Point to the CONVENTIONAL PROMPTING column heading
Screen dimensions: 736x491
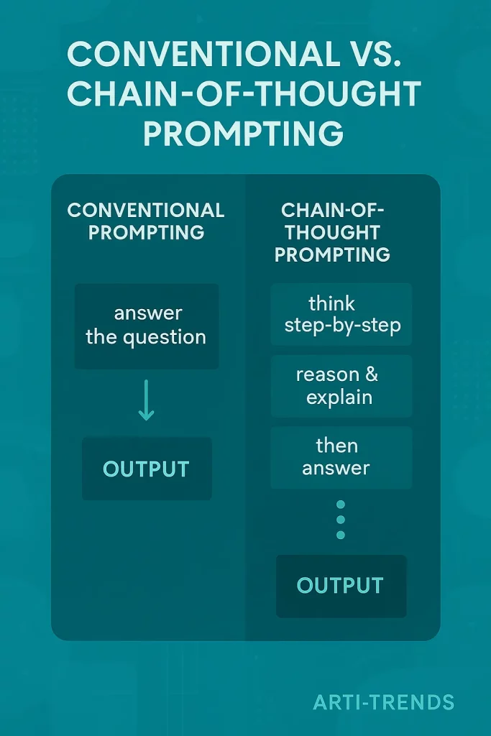click(x=145, y=221)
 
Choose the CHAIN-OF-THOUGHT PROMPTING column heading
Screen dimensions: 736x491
click(x=333, y=232)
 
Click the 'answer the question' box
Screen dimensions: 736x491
click(x=146, y=326)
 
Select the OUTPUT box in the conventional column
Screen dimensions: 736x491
click(x=146, y=469)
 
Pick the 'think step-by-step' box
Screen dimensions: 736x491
click(x=341, y=314)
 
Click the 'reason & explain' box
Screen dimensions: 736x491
click(x=341, y=386)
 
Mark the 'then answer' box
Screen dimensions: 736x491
click(x=341, y=457)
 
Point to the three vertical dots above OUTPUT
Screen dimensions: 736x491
click(x=341, y=520)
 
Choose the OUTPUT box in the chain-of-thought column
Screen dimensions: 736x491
click(x=341, y=585)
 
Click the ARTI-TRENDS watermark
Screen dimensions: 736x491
click(x=383, y=701)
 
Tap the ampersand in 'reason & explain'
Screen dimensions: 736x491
click(x=372, y=375)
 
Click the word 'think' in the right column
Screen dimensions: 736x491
click(x=332, y=303)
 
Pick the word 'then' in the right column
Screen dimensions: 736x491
click(x=336, y=446)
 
